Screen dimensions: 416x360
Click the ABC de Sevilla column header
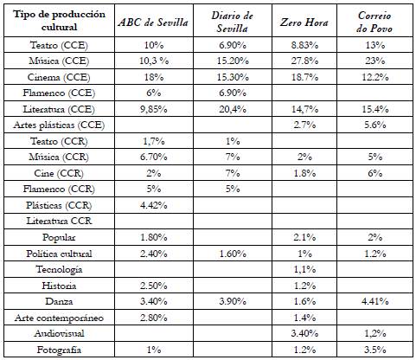click(153, 22)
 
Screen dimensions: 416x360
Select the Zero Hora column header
click(304, 22)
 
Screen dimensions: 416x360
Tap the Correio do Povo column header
click(374, 22)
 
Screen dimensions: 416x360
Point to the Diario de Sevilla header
click(233, 22)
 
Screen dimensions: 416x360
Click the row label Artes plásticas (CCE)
click(59, 125)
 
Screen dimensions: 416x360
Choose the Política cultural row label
click(59, 254)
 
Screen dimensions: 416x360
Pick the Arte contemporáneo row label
click(59, 318)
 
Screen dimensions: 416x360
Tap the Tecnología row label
click(59, 269)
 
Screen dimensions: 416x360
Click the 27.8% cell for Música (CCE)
click(304, 61)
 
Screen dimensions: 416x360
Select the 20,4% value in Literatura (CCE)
click(233, 109)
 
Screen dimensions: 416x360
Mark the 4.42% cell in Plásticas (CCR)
click(154, 205)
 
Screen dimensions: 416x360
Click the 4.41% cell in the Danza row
click(375, 301)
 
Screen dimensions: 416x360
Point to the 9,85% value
click(154, 109)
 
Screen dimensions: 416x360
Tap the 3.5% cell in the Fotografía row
click(375, 350)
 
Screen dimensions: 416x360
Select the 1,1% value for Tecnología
click(304, 269)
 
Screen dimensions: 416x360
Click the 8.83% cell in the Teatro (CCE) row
click(304, 45)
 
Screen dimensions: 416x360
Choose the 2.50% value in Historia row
click(154, 286)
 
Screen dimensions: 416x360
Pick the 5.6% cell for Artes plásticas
click(375, 125)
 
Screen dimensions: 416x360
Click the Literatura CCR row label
click(59, 221)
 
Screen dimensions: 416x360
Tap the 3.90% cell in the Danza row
click(233, 301)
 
